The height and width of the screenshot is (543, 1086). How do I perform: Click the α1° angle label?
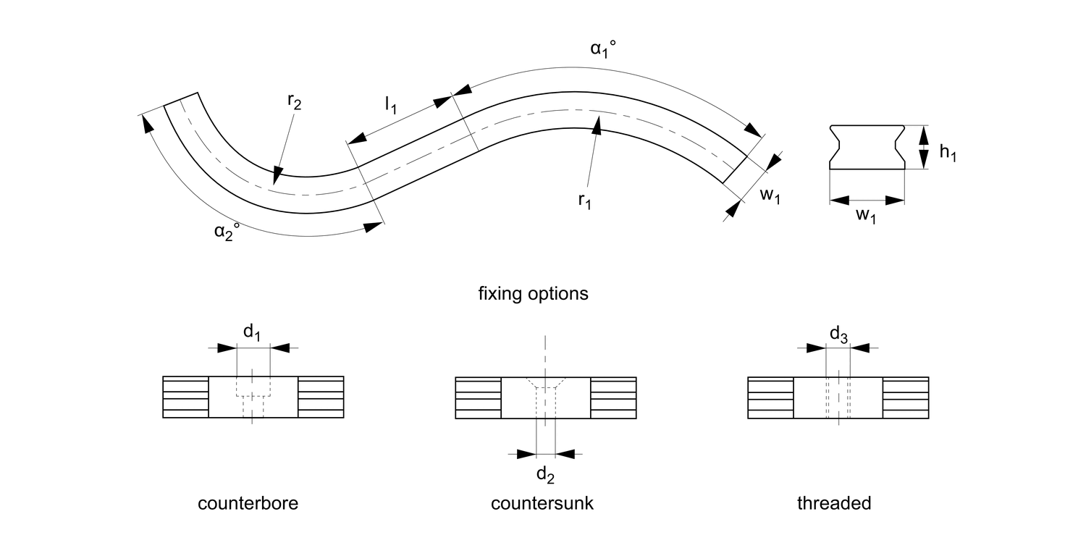(603, 51)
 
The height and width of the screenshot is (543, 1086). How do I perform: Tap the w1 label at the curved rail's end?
(769, 196)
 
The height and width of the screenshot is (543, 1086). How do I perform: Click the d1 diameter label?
(252, 332)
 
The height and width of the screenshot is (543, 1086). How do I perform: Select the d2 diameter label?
(545, 475)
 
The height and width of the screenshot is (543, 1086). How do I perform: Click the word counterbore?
(248, 503)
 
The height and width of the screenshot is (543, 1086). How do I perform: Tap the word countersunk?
(542, 503)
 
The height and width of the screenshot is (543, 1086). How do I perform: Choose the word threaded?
(834, 503)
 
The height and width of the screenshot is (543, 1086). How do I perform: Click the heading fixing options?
(533, 295)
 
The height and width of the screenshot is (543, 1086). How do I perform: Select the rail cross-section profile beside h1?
(867, 147)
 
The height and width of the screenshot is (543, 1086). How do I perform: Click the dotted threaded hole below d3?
(838, 397)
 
